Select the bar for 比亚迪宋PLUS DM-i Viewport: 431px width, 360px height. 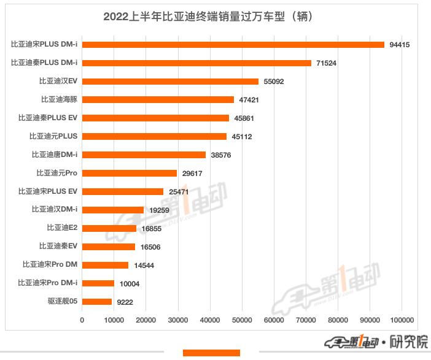[x=233, y=44]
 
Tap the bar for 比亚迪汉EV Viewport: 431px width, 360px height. [x=170, y=81]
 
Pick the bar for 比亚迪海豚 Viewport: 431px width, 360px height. [x=158, y=99]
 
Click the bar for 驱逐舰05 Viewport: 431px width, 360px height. [x=96, y=302]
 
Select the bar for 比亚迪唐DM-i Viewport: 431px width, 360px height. [x=144, y=155]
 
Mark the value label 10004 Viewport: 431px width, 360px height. [x=130, y=284]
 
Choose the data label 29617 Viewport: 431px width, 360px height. [x=192, y=174]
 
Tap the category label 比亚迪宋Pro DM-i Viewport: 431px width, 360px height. [x=48, y=283]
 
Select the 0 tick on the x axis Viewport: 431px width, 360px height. [x=82, y=320]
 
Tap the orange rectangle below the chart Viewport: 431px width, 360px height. [x=211, y=353]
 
